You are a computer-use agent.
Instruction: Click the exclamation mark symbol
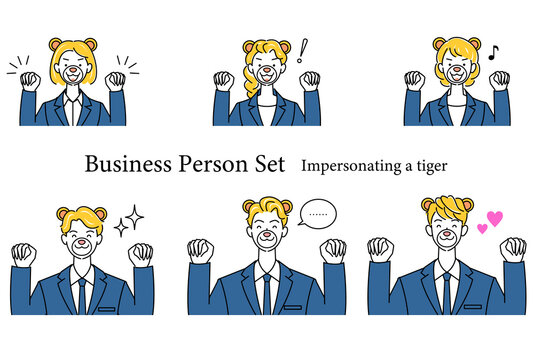pyautogui.click(x=302, y=50)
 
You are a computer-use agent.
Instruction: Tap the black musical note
pyautogui.click(x=493, y=53)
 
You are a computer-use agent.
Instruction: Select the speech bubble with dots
pyautogui.click(x=317, y=213)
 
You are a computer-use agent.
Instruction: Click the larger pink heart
pyautogui.click(x=495, y=218)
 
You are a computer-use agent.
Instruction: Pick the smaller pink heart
pyautogui.click(x=482, y=229)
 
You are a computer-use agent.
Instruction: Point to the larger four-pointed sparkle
pyautogui.click(x=135, y=217)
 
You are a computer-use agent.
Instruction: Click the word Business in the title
pyautogui.click(x=128, y=164)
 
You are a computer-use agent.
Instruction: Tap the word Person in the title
pyautogui.click(x=214, y=165)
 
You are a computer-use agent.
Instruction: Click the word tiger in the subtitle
pyautogui.click(x=432, y=167)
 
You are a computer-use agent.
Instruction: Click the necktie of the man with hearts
pyautogui.click(x=446, y=294)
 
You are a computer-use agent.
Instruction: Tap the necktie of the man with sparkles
pyautogui.click(x=82, y=296)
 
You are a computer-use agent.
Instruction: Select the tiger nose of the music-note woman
pyautogui.click(x=456, y=70)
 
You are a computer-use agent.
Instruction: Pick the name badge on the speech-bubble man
pyautogui.click(x=293, y=308)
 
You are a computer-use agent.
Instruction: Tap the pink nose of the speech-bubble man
pyautogui.click(x=267, y=234)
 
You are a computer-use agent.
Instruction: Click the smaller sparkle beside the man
pyautogui.click(x=121, y=228)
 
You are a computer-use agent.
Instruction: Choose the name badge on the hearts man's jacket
pyautogui.click(x=473, y=307)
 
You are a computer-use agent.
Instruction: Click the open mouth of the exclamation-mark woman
pyautogui.click(x=267, y=78)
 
